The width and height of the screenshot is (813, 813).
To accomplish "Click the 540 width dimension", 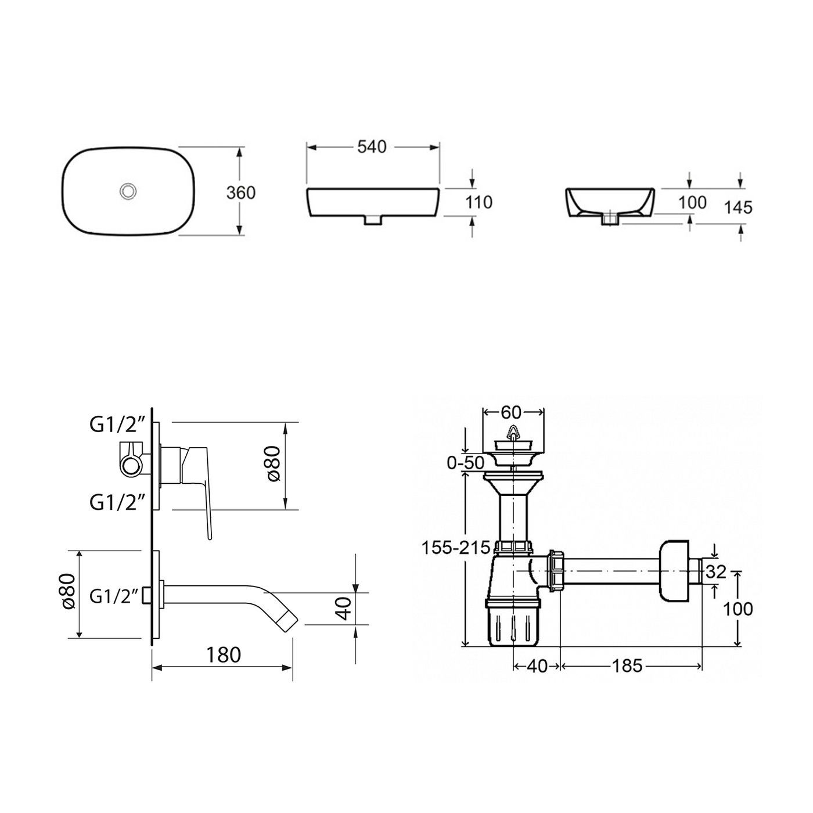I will tap(372, 148).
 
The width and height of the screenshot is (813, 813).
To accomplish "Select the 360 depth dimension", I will tap(240, 192).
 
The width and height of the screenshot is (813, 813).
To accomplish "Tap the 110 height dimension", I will tap(479, 202).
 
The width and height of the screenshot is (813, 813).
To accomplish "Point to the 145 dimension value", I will tap(738, 207).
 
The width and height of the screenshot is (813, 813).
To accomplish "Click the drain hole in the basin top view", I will tap(127, 191).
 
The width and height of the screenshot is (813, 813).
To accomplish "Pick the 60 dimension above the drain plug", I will tap(511, 412).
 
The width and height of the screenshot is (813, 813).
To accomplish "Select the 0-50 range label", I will tap(465, 463).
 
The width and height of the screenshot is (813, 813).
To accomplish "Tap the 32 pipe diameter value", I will tap(716, 572).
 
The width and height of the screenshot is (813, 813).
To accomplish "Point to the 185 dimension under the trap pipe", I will tap(627, 665).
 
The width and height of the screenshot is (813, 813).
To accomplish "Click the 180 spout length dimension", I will tap(224, 655).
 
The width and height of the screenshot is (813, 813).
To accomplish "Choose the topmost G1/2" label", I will tap(117, 426).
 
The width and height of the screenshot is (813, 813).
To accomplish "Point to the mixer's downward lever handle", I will tap(208, 517).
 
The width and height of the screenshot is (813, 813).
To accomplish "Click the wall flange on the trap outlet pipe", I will tap(674, 573).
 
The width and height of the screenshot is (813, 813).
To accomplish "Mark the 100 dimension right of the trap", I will tap(739, 609).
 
